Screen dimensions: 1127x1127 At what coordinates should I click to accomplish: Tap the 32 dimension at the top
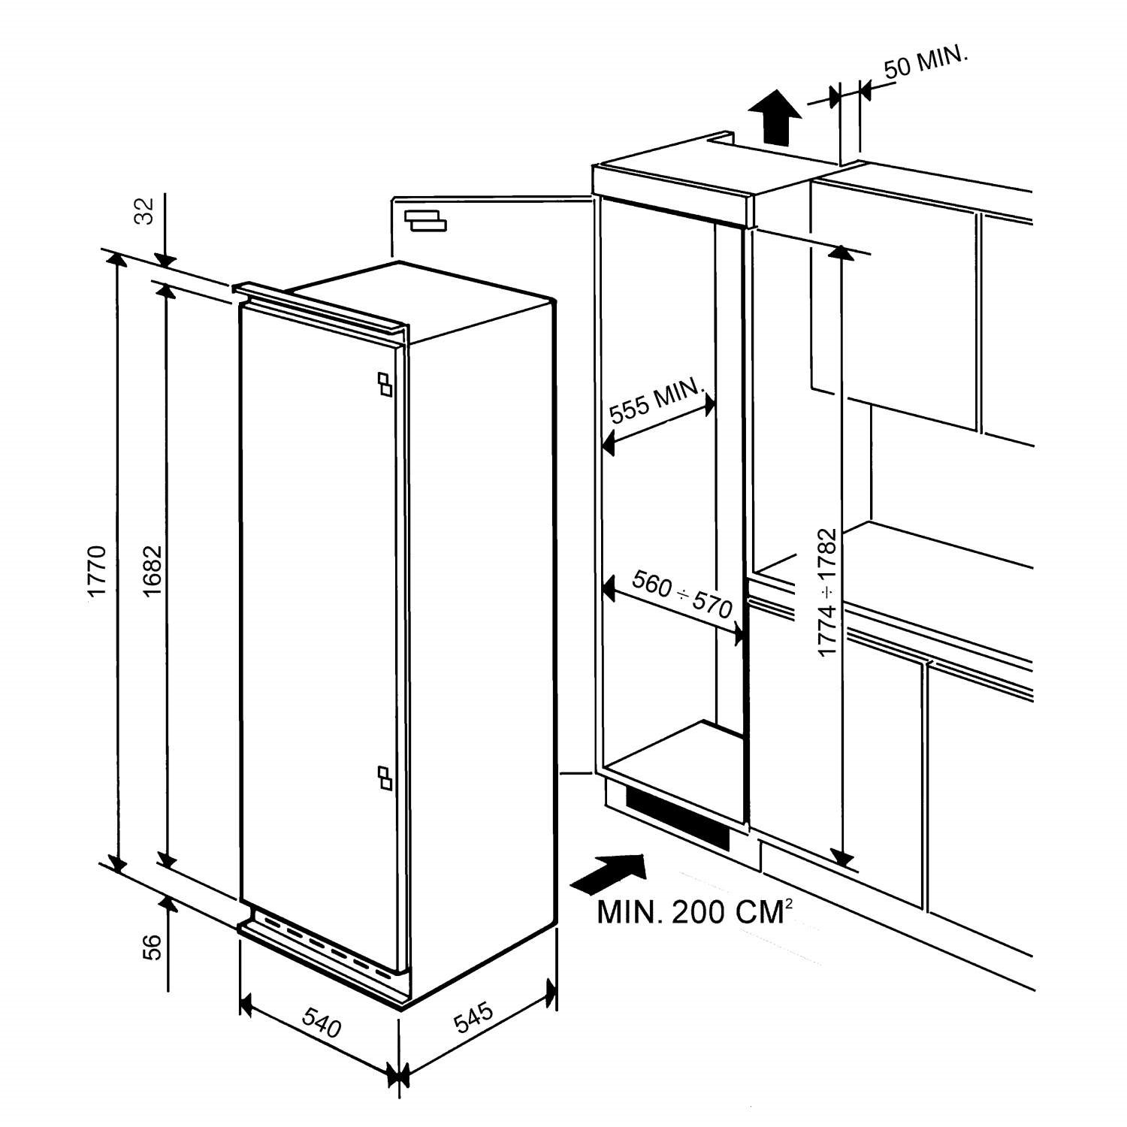146,210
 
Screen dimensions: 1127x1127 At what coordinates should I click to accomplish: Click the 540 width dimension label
322,1022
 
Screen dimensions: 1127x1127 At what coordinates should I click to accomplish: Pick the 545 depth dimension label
473,1019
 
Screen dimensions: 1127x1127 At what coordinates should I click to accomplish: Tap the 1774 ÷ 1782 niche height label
827,592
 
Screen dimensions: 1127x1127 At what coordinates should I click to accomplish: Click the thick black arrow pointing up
775,117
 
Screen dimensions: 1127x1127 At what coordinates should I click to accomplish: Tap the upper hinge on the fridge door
385,383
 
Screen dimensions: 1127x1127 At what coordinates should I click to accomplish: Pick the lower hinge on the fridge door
385,778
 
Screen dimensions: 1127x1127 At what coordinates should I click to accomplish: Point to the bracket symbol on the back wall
425,220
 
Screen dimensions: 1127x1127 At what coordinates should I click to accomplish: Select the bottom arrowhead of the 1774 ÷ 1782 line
844,857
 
